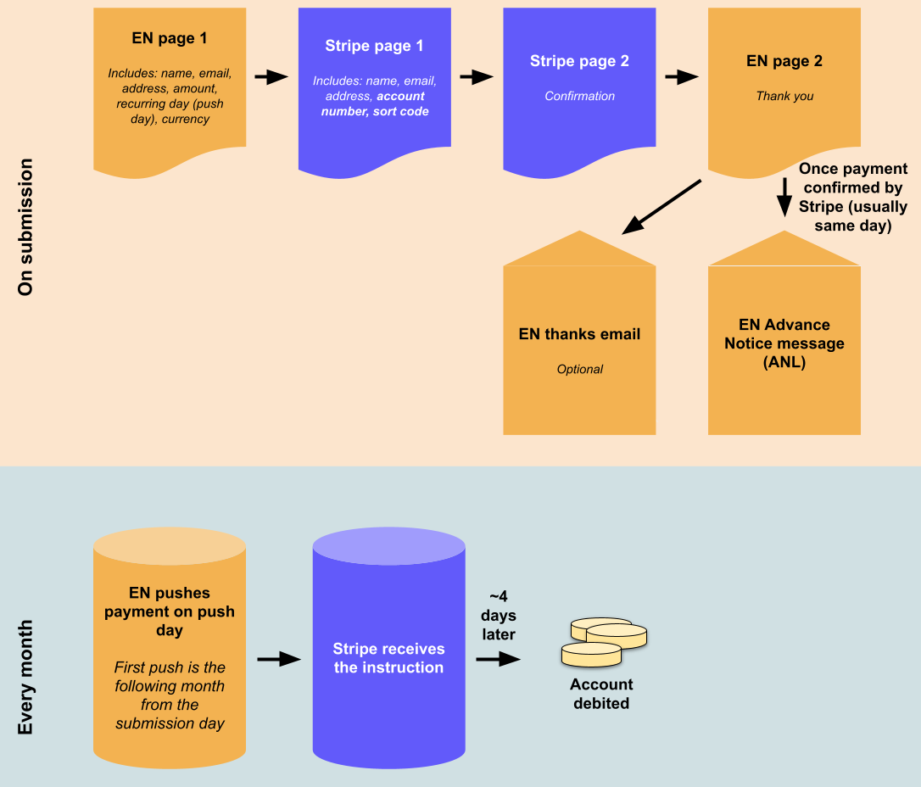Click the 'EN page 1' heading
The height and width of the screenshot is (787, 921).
pyautogui.click(x=170, y=38)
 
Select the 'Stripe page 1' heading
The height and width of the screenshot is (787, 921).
pyautogui.click(x=374, y=46)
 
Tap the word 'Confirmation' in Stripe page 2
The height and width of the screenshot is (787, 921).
pyautogui.click(x=579, y=96)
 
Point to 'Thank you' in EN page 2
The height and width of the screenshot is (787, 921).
pyautogui.click(x=784, y=96)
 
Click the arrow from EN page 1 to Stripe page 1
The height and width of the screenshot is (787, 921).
pyautogui.click(x=271, y=77)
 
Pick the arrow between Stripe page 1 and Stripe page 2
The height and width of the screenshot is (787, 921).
pyautogui.click(x=477, y=77)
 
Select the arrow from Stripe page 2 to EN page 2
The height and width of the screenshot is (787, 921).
pyautogui.click(x=682, y=77)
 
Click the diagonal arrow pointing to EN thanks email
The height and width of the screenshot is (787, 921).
pyautogui.click(x=661, y=206)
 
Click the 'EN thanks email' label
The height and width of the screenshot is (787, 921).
pyautogui.click(x=579, y=334)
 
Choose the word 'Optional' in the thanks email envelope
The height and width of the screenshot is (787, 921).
pyautogui.click(x=579, y=369)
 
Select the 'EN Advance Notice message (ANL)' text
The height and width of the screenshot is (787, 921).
pyautogui.click(x=784, y=343)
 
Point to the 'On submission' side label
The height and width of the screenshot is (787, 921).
pyautogui.click(x=25, y=226)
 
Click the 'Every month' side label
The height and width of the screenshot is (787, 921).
pyautogui.click(x=25, y=677)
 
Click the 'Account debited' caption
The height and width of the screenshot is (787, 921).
pyautogui.click(x=601, y=694)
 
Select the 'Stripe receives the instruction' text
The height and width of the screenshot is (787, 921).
pyautogui.click(x=388, y=658)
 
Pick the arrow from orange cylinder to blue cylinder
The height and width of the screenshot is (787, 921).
pyautogui.click(x=279, y=659)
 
